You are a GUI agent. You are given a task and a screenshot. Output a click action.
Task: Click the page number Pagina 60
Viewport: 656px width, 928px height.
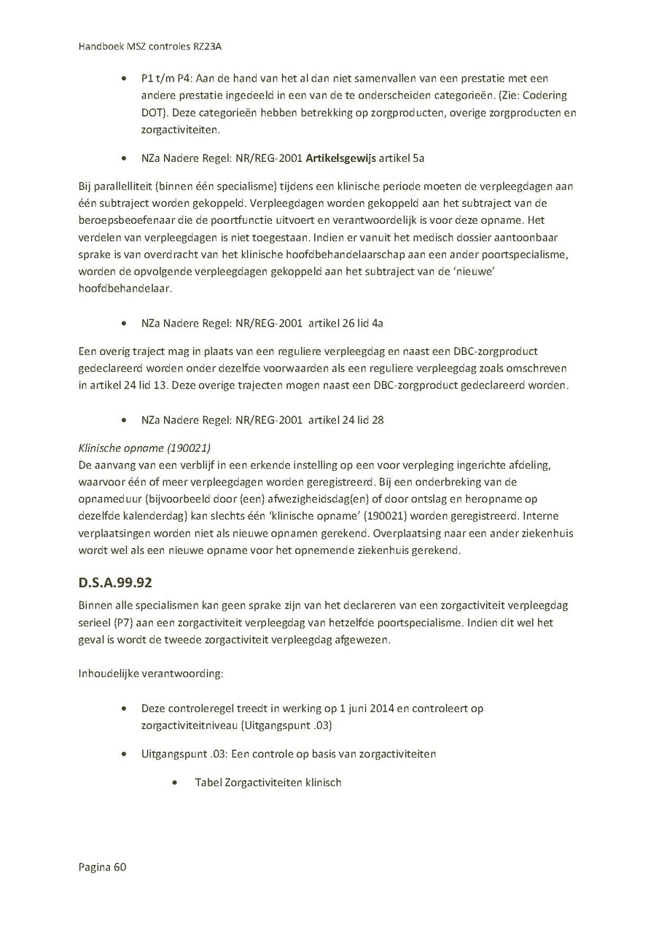pos(103,867)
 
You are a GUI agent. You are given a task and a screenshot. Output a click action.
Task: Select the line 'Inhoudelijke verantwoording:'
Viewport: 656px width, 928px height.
pos(151,673)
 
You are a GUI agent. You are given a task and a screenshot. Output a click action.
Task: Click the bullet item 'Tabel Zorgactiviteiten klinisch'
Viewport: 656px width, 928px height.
pos(268,782)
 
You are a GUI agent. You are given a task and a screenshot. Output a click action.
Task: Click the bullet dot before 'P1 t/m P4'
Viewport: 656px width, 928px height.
pos(126,79)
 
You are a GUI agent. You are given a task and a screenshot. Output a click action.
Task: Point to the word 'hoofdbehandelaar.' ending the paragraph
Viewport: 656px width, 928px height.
pos(120,289)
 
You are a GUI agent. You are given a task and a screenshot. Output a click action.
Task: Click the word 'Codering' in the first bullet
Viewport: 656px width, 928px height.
pos(543,95)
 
